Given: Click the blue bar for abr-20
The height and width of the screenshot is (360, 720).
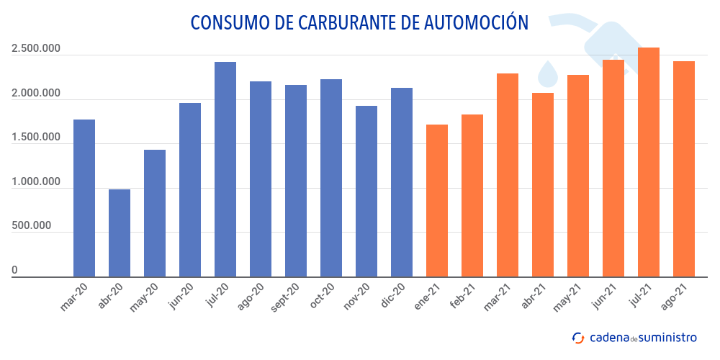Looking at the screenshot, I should coord(120,233).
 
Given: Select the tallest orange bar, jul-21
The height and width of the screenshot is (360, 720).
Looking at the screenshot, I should coord(649,162).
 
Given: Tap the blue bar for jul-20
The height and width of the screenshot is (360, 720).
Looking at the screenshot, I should coord(225,169).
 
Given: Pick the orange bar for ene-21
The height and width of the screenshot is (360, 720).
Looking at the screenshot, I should coord(437,200).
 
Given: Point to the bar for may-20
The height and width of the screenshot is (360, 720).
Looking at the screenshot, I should coord(155,213).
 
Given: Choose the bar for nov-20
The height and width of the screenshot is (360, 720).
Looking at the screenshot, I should coord(366,191).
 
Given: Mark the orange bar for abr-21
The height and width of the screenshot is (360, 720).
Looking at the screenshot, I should coord(543,184).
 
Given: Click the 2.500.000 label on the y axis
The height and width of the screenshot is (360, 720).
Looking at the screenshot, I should coord(35,50).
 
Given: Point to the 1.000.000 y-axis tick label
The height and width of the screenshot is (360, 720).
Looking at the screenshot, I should coord(35,182).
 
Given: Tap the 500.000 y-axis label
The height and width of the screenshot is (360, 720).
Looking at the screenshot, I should coord(31,226).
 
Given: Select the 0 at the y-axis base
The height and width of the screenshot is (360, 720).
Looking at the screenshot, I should coord(14,271).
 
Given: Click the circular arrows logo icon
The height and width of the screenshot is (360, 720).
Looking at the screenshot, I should coord(578,338).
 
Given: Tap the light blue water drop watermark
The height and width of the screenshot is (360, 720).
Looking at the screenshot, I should coord(549,73).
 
